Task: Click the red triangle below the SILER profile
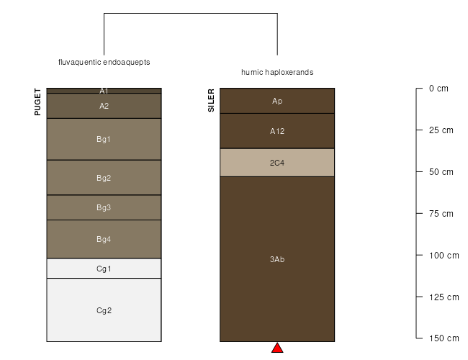click(277, 348)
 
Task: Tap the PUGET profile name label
click(37, 102)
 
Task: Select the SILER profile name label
click(211, 100)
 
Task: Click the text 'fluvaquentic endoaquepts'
click(104, 62)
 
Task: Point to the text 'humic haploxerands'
click(277, 72)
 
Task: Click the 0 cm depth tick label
click(438, 89)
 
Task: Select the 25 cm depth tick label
click(441, 130)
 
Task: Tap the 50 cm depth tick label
click(441, 172)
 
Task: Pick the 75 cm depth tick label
click(441, 214)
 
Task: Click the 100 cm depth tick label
click(444, 256)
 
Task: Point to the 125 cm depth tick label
click(444, 297)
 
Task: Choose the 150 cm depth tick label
click(444, 338)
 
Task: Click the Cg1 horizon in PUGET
click(104, 269)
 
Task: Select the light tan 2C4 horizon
click(277, 163)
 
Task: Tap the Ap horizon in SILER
click(277, 101)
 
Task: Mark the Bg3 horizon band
click(104, 207)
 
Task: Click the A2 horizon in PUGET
click(104, 106)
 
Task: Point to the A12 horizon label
click(277, 131)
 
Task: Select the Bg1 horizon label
click(104, 139)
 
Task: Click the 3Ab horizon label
click(277, 259)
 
